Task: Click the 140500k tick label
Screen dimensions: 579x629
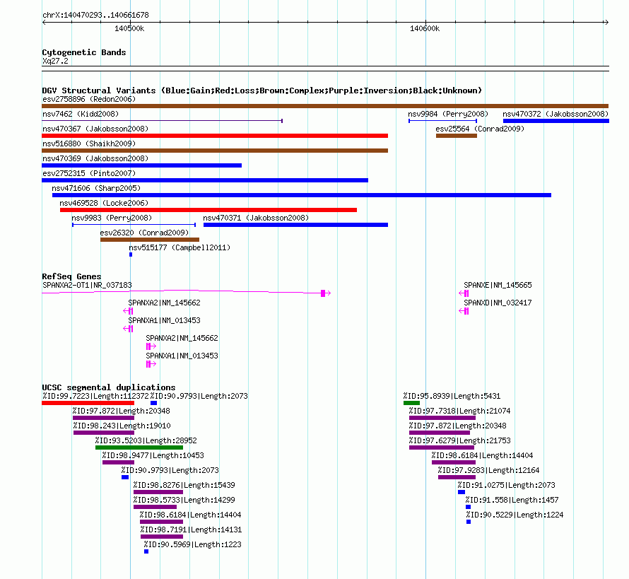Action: [129, 28]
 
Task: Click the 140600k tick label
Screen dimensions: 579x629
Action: [425, 28]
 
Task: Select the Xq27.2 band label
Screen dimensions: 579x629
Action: [55, 61]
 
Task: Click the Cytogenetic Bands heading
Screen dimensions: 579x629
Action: [83, 52]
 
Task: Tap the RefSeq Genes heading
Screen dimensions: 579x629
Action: [71, 276]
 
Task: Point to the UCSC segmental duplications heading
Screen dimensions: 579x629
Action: [108, 387]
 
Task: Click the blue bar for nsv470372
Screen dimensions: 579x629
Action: [555, 121]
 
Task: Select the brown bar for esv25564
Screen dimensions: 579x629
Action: [457, 135]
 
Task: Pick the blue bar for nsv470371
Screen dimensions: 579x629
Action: [295, 225]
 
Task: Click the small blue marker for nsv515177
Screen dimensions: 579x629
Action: [131, 255]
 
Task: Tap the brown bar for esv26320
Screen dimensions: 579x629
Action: [150, 240]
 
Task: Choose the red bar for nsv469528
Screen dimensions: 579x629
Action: [208, 210]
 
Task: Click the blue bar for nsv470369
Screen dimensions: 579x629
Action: [141, 165]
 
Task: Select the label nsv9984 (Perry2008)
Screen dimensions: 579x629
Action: [448, 114]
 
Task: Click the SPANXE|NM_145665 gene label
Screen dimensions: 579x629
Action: [498, 285]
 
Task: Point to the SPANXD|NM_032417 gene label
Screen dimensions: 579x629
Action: [498, 303]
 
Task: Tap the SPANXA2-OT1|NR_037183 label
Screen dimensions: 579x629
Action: [87, 285]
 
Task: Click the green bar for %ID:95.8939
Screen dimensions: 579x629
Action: [411, 403]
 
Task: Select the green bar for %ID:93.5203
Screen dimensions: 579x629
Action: [139, 448]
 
